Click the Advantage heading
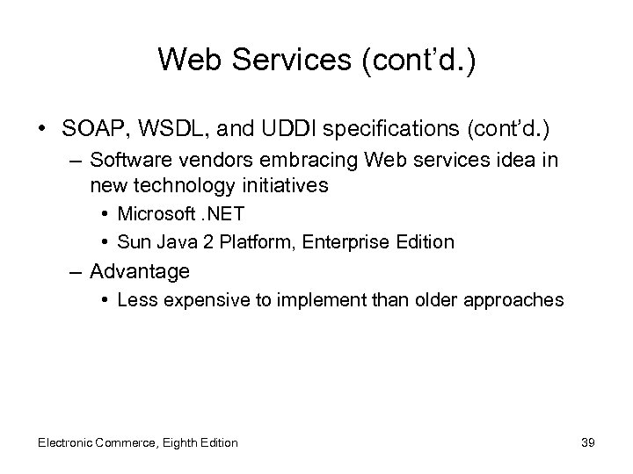[x=139, y=272]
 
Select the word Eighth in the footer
[x=184, y=442]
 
